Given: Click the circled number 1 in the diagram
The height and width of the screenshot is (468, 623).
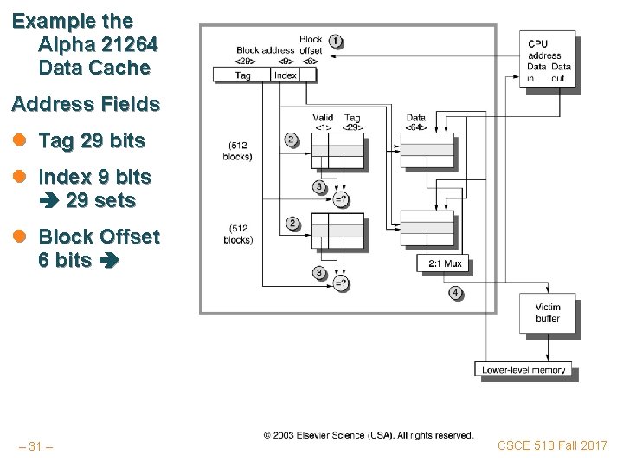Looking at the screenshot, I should tap(334, 41).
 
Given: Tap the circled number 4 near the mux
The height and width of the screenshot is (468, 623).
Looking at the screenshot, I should tap(455, 294).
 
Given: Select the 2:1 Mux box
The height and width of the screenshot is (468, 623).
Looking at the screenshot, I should tap(443, 262).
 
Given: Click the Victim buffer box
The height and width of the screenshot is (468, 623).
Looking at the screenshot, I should tap(548, 313).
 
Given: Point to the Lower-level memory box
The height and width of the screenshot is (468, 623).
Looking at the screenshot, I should tap(524, 369).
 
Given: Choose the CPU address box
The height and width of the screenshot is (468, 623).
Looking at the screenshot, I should tap(549, 61).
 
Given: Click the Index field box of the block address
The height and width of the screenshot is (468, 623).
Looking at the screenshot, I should tap(286, 75).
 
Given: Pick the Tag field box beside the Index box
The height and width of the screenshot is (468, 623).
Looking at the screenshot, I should tap(243, 75).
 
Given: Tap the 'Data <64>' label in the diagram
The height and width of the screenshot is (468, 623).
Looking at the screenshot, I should tap(415, 123).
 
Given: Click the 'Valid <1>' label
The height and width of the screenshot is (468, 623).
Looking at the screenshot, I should tap(322, 123).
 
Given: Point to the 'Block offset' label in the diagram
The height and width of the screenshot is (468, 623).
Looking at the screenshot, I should tap(311, 45).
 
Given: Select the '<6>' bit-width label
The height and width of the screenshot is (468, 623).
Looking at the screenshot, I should tap(311, 62).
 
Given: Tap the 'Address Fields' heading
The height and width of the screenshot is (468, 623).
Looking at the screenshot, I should tap(86, 105).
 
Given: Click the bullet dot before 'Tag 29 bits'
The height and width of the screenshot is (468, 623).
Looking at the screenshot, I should tap(18, 141).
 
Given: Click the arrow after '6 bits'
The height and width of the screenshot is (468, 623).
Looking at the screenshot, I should tap(107, 259).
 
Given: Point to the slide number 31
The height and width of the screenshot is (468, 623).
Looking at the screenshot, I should tap(35, 446).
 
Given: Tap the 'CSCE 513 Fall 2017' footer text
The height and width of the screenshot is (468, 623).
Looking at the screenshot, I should tap(552, 445).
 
